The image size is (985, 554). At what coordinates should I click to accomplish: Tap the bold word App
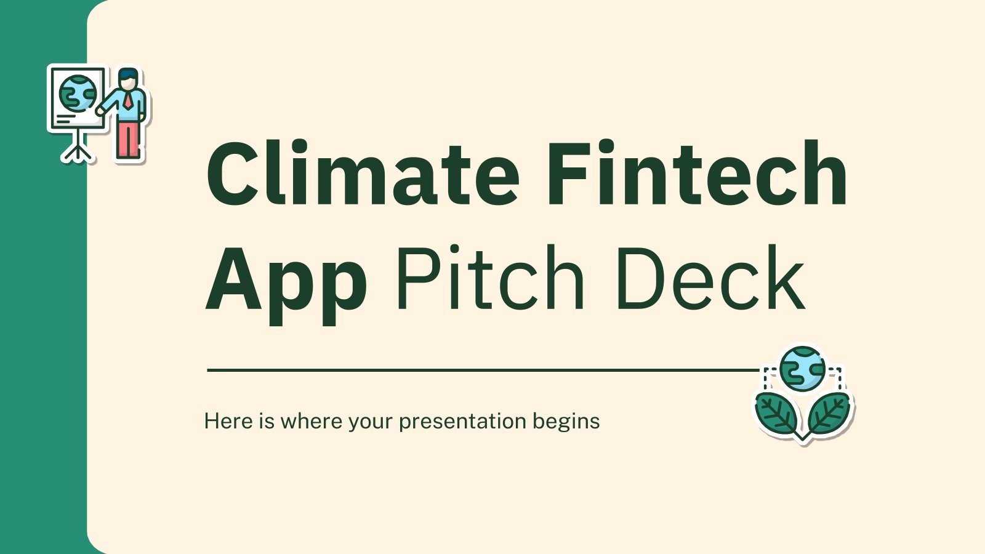click(286, 281)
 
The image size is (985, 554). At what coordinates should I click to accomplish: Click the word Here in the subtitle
click(228, 421)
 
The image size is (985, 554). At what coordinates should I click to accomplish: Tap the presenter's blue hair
click(129, 74)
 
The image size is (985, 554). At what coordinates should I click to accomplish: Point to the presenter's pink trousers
click(127, 140)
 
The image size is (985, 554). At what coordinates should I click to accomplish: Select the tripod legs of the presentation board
click(76, 148)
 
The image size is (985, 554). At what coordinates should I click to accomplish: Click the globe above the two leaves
click(802, 367)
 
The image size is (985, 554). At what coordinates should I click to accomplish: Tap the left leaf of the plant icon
click(776, 413)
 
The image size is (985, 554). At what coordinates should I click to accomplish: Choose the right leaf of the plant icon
click(828, 412)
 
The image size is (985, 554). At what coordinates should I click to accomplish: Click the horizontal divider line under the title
click(480, 371)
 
